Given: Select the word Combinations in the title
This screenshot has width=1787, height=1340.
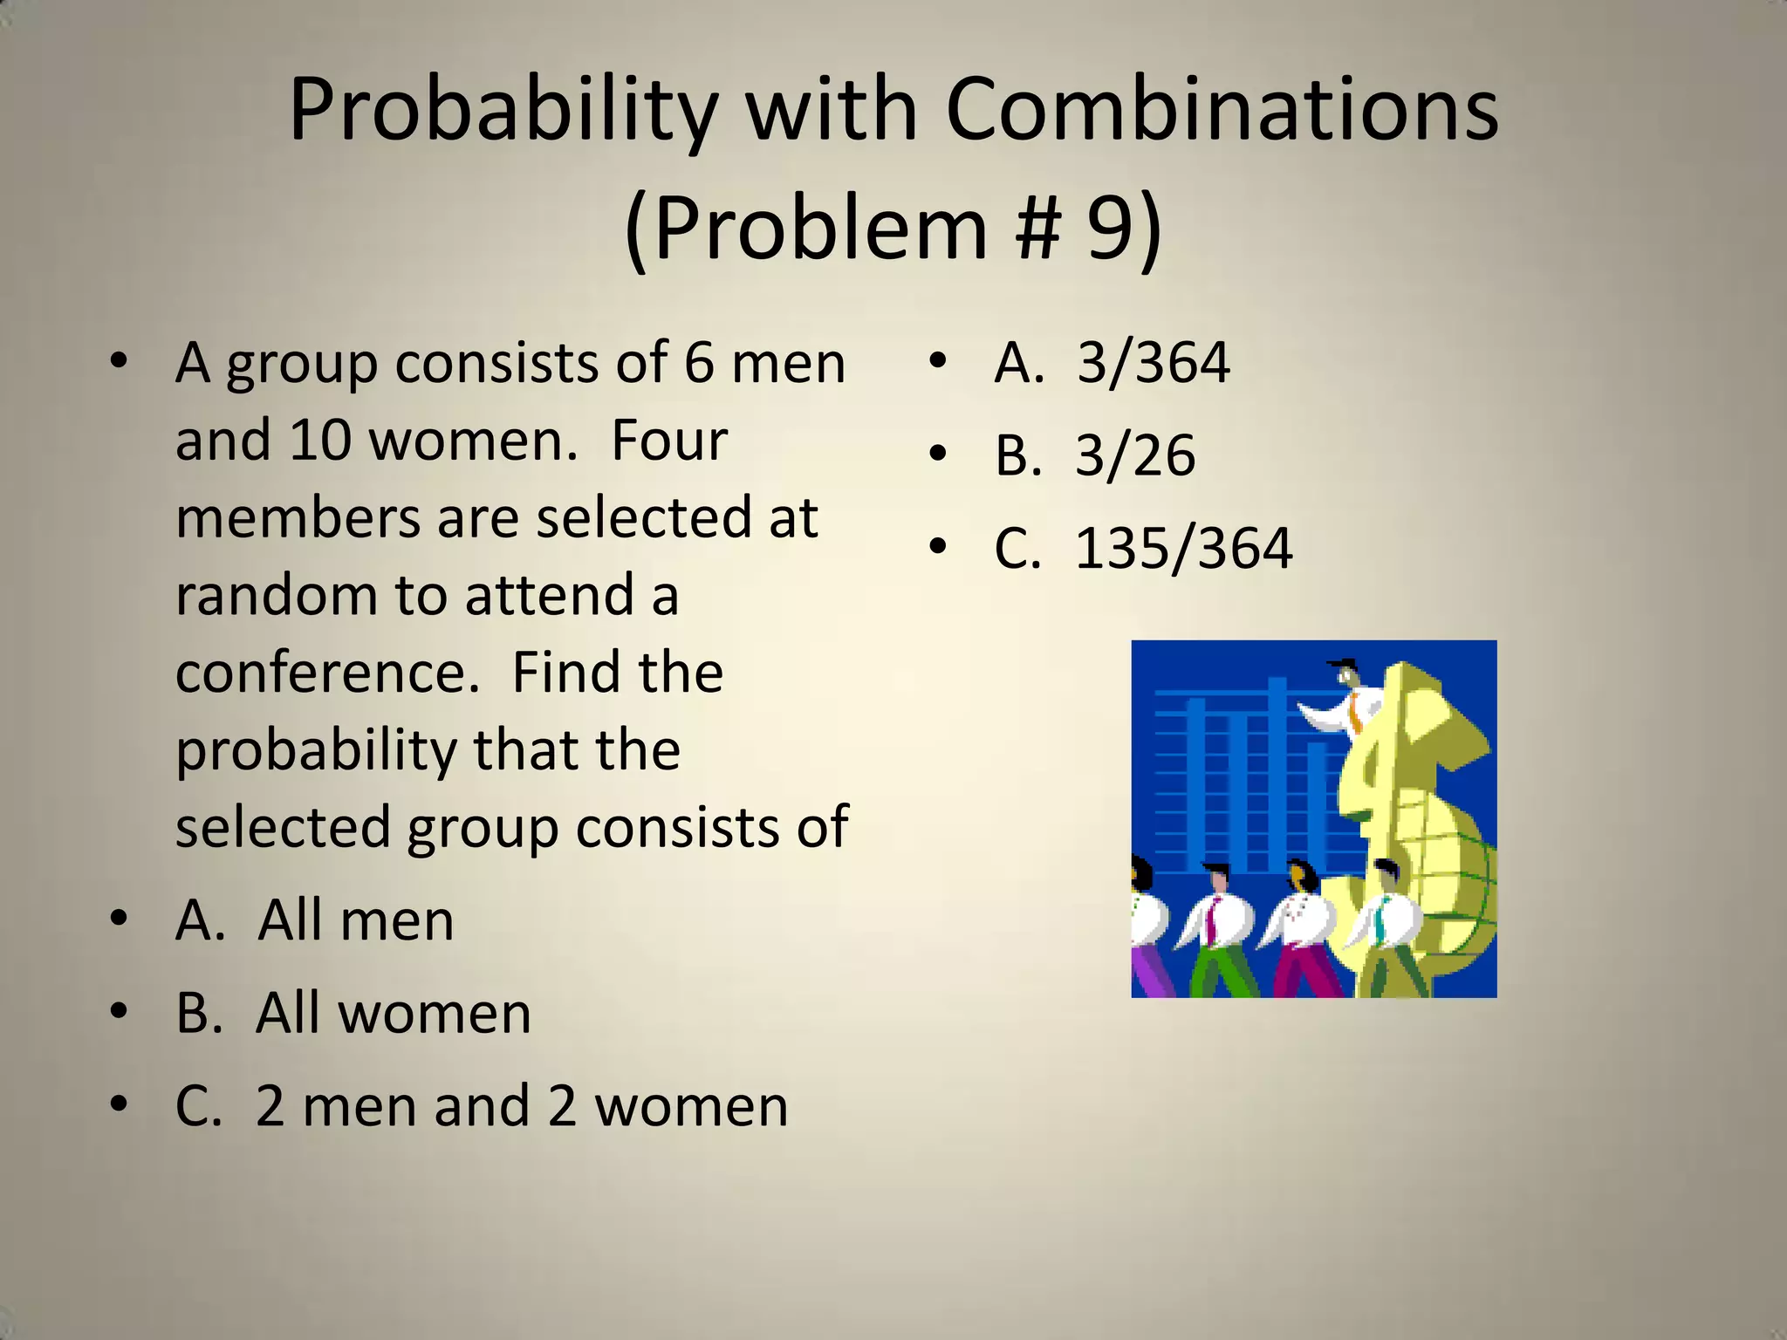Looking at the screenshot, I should [x=1222, y=110].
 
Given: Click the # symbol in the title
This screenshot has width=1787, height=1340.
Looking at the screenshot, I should [x=1037, y=229].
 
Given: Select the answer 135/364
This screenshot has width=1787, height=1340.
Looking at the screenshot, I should [x=1182, y=549].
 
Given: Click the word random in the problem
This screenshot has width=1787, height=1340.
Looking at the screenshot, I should [x=276, y=596].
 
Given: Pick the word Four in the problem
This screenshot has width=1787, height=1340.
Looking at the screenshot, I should [x=668, y=441].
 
